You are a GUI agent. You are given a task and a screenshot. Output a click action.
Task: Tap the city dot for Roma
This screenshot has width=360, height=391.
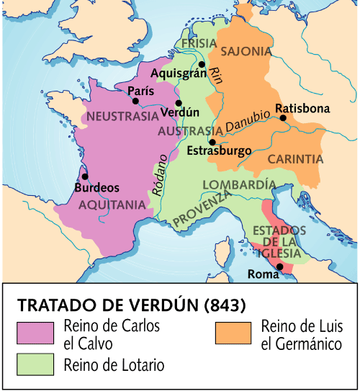tap(280, 266)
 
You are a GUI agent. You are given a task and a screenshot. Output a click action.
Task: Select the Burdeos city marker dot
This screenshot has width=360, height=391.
tap(85, 176)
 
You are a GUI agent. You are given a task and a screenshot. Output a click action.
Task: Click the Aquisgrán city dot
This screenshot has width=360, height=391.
tap(202, 65)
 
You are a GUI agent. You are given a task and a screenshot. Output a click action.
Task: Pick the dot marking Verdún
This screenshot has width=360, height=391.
tap(179, 103)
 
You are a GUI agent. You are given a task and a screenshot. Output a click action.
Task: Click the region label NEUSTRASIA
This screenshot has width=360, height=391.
tap(122, 116)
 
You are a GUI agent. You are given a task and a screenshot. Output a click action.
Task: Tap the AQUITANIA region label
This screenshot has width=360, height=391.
tap(112, 205)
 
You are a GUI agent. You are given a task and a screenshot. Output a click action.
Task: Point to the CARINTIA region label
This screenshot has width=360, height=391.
tap(295, 158)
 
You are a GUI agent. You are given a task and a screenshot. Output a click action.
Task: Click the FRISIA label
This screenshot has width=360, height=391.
tap(199, 43)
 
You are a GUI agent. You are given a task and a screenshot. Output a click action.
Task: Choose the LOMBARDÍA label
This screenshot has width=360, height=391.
tap(239, 184)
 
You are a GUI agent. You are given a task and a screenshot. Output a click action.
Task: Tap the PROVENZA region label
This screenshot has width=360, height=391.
tap(203, 212)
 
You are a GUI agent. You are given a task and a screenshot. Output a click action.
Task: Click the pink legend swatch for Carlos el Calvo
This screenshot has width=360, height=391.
tap(36, 332)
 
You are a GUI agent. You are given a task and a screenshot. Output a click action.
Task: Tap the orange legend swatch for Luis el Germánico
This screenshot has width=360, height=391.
tap(233, 332)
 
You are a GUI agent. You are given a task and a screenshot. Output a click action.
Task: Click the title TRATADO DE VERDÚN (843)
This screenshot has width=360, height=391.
tap(132, 303)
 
